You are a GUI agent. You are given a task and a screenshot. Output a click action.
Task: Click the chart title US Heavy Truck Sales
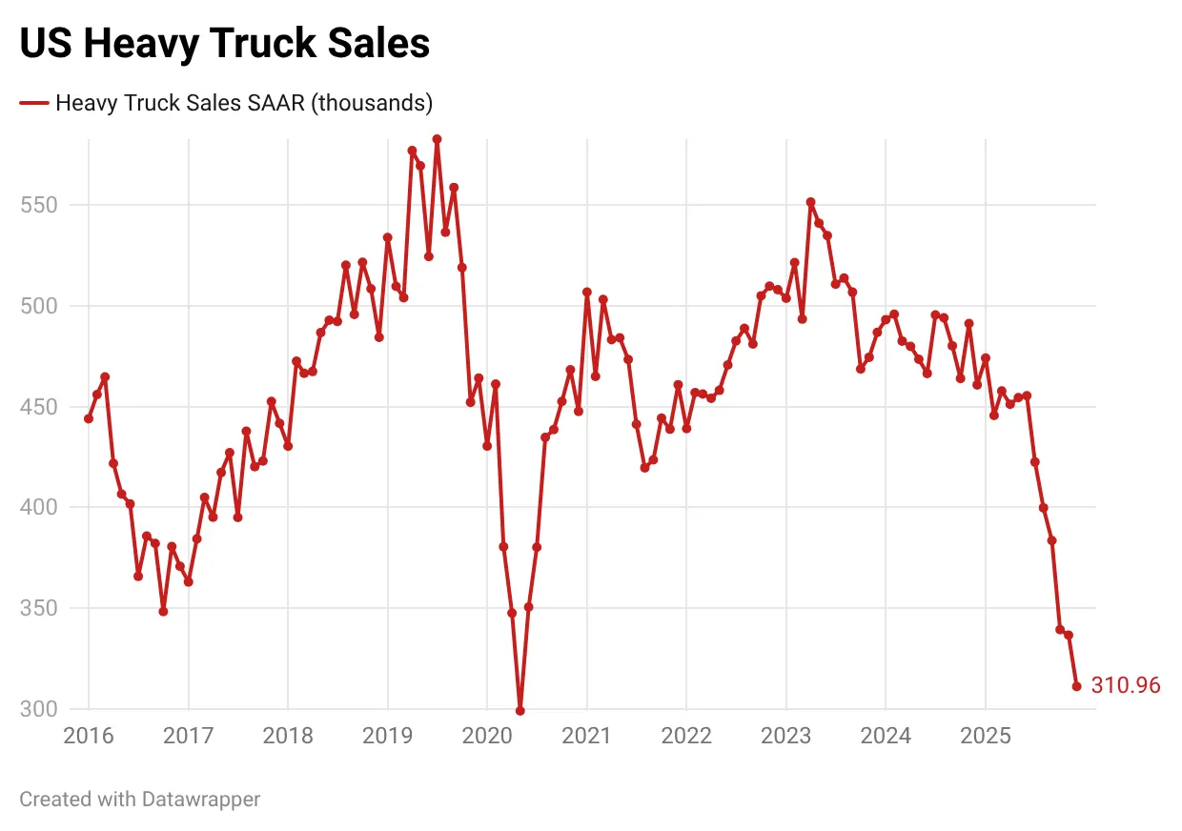pos(225,44)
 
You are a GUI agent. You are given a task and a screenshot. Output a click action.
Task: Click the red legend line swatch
pos(34,103)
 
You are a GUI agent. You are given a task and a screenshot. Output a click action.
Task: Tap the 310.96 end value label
pos(1126,685)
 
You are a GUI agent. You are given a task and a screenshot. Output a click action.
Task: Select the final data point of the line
pos(1076,686)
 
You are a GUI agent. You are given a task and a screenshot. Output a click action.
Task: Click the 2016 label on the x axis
pos(89,737)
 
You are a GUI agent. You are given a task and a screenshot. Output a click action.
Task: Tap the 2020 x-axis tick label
pos(487,737)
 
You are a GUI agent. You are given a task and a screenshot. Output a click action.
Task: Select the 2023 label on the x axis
pos(785,737)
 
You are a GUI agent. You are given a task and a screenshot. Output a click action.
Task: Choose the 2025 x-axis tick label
pos(985,737)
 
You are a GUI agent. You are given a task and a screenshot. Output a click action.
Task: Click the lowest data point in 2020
pos(520,711)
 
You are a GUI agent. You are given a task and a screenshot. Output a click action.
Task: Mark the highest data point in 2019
pos(437,139)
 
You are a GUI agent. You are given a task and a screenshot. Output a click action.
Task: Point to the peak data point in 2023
pos(810,202)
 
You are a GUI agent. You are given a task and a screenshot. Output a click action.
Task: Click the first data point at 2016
pos(89,418)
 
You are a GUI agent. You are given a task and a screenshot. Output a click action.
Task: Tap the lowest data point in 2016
pos(163,611)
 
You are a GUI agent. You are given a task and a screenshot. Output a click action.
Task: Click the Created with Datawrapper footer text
pos(140,799)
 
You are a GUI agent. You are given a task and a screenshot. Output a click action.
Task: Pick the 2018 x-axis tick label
pos(288,737)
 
